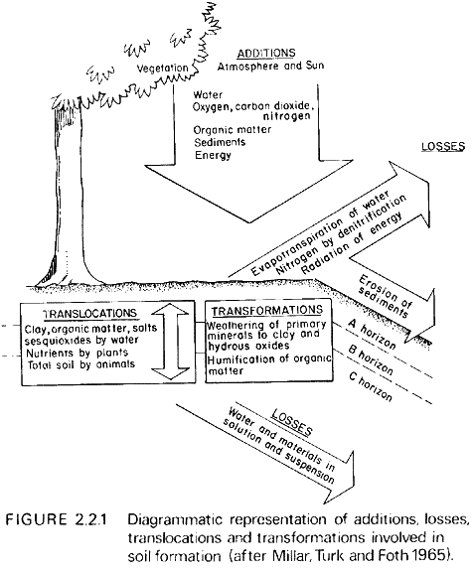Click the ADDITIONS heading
[266, 54]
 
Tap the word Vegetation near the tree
[162, 69]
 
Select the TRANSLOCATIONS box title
[89, 314]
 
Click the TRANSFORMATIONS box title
[267, 311]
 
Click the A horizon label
[372, 334]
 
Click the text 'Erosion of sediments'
[385, 297]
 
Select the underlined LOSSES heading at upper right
[443, 147]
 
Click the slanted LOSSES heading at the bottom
[291, 422]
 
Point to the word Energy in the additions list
[213, 155]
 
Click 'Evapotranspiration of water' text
[320, 233]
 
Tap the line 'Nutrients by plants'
[78, 354]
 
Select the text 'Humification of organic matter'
[269, 365]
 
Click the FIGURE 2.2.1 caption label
[56, 519]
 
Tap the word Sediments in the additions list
[220, 142]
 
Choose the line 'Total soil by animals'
[81, 364]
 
